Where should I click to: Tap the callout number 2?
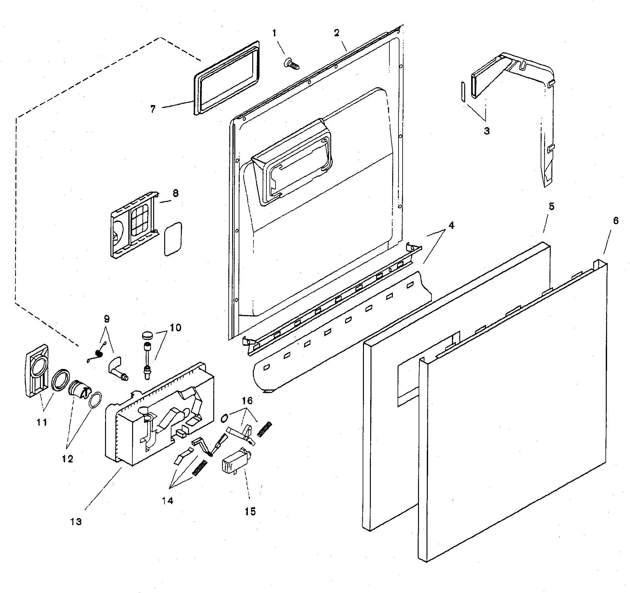click(x=337, y=33)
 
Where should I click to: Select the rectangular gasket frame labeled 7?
click(x=226, y=78)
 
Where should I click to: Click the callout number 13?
click(x=76, y=521)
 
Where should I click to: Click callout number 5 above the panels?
click(x=551, y=207)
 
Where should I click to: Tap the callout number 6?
click(x=616, y=221)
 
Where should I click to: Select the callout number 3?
click(x=487, y=131)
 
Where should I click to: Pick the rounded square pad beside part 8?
click(x=173, y=238)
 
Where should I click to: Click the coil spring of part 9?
click(x=99, y=353)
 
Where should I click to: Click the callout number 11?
click(x=42, y=422)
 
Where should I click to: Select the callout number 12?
click(x=68, y=459)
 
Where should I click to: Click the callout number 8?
click(x=176, y=193)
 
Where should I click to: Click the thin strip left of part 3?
click(x=463, y=92)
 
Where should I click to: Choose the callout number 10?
click(x=176, y=327)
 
